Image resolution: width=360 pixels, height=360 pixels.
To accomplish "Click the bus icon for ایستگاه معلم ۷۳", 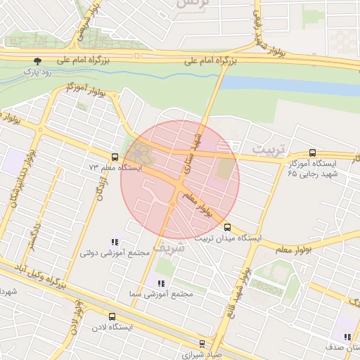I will coord(115,157).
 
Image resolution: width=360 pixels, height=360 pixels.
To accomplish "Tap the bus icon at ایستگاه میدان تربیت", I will coord(227,227).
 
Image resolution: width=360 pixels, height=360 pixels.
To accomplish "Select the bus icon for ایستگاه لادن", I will coord(112,316).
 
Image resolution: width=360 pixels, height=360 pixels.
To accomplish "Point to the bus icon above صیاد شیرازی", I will coord(202,344).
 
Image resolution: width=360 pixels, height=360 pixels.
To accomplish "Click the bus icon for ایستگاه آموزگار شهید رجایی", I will coord(312,153).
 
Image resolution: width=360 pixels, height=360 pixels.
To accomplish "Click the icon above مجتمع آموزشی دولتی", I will coord(115,242).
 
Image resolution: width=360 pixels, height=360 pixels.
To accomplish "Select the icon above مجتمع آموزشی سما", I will coord(161,283).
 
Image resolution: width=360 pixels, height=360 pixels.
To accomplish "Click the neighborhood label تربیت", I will coord(269,150).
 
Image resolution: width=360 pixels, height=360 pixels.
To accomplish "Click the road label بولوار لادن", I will coord(77,317).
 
